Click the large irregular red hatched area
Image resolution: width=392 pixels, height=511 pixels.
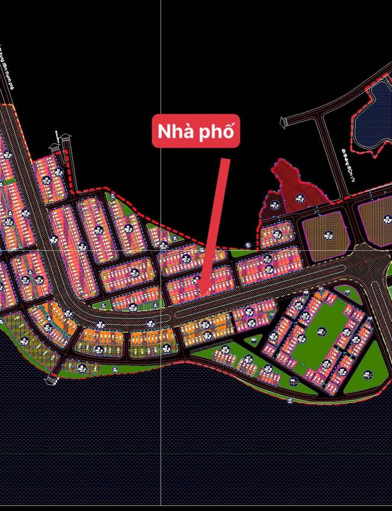(x=292, y=188)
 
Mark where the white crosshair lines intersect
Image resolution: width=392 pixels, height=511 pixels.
(x=161, y=250)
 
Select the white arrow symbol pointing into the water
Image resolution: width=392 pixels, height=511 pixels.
(x=52, y=378)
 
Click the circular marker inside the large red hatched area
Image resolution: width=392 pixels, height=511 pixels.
(x=299, y=197)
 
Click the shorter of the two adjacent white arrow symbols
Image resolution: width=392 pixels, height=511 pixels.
(x=55, y=147)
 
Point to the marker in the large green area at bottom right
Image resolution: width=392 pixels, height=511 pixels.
(x=366, y=375)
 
